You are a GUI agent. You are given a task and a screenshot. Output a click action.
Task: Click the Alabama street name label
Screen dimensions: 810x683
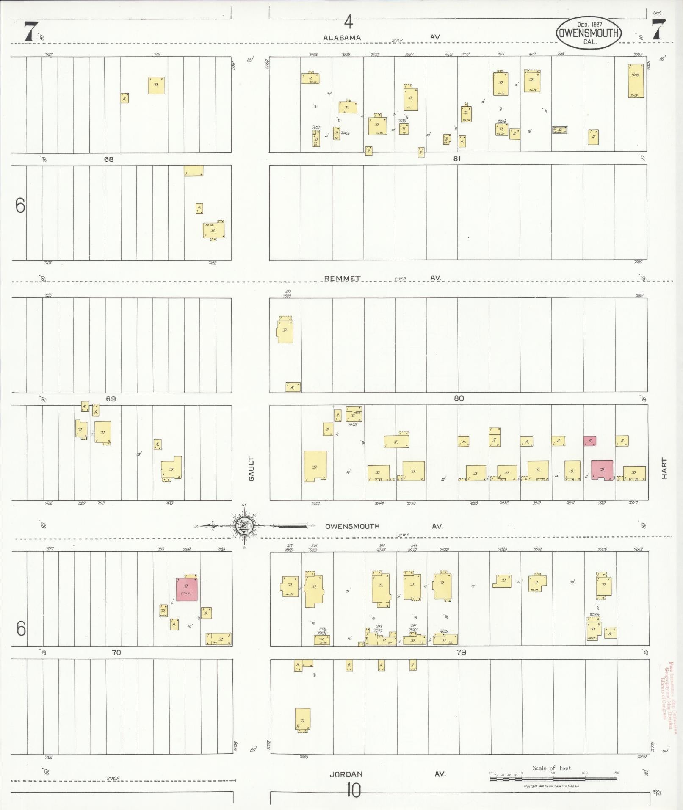[342, 38]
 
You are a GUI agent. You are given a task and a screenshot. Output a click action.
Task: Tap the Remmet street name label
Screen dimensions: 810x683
[342, 278]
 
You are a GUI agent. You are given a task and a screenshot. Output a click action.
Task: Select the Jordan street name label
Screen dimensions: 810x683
[346, 774]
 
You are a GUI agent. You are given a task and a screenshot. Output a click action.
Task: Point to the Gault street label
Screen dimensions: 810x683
[251, 468]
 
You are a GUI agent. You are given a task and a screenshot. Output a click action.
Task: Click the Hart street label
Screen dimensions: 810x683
[664, 468]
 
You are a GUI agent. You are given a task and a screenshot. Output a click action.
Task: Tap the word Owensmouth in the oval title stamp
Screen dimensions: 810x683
[589, 33]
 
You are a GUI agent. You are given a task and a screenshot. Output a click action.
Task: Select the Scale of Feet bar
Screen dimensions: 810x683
[554, 779]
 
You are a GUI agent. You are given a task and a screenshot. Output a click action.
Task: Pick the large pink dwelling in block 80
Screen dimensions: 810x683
[602, 470]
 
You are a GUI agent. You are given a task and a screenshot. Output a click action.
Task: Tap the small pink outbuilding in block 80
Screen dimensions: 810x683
[590, 441]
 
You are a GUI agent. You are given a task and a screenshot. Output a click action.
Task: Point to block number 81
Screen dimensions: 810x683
[456, 159]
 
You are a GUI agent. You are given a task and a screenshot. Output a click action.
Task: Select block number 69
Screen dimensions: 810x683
[111, 398]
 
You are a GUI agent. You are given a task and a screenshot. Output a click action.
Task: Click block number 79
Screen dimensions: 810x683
[461, 652]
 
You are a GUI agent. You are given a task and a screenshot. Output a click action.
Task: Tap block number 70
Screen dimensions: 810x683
[116, 652]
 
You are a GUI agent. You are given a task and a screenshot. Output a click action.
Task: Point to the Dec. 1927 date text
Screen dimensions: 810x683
[589, 25]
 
